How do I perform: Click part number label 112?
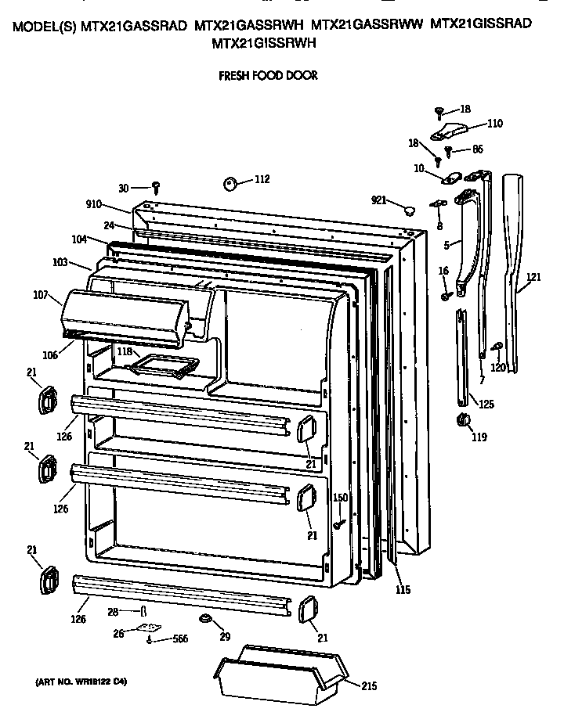click(261, 179)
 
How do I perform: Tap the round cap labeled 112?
click(230, 183)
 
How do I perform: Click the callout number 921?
click(379, 201)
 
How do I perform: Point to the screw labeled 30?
click(156, 187)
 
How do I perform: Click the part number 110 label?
click(494, 123)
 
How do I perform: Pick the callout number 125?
click(486, 405)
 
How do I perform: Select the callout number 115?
click(402, 590)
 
